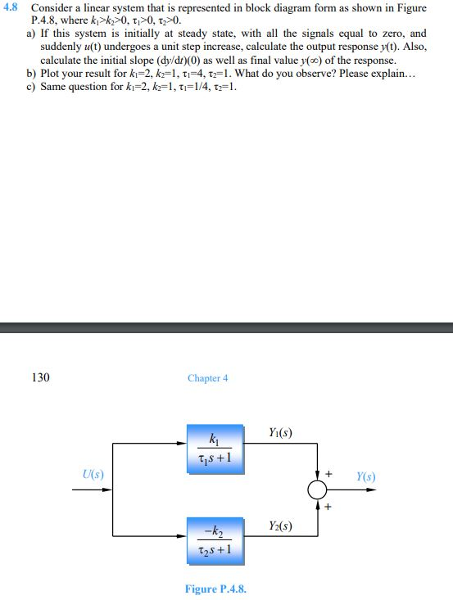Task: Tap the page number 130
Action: click(40, 377)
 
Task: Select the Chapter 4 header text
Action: click(208, 378)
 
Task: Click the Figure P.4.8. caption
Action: click(215, 588)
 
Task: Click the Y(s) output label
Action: click(365, 476)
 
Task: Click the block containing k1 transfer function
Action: click(215, 445)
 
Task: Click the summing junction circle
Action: click(319, 491)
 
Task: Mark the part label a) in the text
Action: click(31, 34)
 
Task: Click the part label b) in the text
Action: click(31, 74)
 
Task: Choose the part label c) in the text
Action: click(31, 87)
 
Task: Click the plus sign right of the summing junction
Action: click(331, 474)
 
